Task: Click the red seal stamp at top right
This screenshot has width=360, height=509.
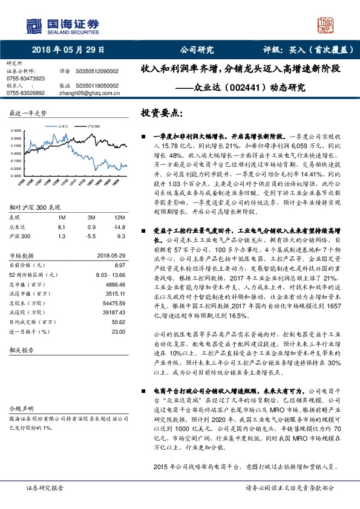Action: (327, 26)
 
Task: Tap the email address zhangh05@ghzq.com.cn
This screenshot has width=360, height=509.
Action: (91, 92)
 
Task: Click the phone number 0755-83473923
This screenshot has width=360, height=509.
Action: (25, 79)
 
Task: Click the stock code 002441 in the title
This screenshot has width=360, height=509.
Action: (246, 87)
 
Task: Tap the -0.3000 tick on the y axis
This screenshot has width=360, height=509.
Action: (18, 175)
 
